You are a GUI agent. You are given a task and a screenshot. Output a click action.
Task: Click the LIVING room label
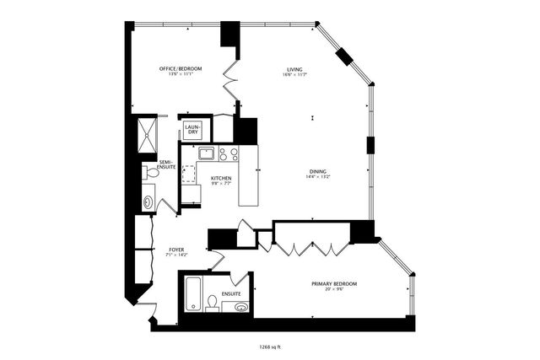(294, 69)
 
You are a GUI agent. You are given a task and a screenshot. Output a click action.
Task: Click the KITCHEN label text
(221, 178)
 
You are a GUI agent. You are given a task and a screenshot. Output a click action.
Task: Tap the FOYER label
(176, 249)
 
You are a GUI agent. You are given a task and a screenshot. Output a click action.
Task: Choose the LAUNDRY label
(192, 131)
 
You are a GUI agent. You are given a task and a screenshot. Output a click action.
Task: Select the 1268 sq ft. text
(271, 345)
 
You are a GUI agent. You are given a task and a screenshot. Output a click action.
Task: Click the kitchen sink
(204, 153)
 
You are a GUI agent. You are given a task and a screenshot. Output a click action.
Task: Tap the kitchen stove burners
(228, 153)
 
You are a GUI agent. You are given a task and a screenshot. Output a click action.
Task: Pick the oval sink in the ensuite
(242, 307)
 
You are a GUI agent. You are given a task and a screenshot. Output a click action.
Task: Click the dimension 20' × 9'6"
(334, 290)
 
